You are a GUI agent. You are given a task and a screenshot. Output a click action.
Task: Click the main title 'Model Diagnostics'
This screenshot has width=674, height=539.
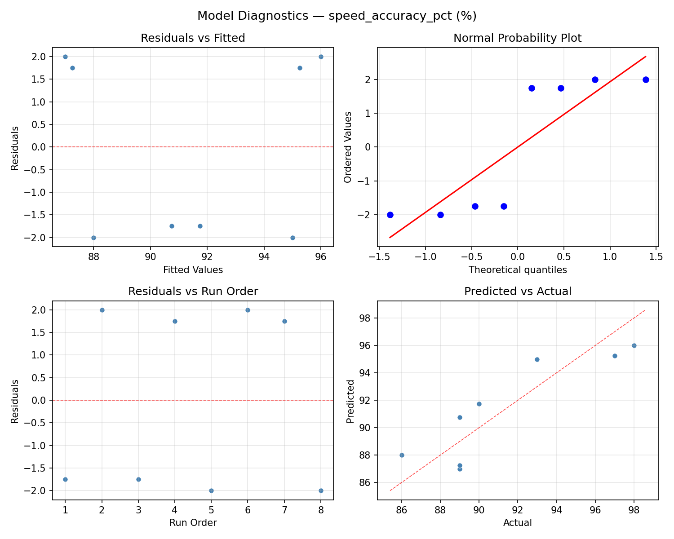click(337, 16)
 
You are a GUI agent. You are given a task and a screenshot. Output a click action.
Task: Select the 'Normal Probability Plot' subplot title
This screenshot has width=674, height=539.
click(517, 38)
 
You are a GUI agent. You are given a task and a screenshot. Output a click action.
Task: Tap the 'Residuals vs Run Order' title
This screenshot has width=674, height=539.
click(193, 292)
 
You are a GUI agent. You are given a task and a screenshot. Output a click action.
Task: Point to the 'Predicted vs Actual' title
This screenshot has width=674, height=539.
click(517, 292)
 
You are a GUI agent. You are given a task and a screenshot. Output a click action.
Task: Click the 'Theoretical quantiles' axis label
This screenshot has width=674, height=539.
click(517, 270)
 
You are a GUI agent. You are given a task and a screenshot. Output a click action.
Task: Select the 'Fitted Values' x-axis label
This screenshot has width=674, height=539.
click(193, 270)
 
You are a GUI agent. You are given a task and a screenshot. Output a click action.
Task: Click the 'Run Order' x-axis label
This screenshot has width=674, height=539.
click(193, 523)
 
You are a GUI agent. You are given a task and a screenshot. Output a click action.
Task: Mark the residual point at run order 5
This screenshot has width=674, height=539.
click(211, 490)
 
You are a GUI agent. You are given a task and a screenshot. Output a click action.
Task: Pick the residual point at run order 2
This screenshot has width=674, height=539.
click(102, 310)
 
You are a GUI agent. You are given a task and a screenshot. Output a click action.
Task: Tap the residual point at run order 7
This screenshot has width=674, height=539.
click(284, 321)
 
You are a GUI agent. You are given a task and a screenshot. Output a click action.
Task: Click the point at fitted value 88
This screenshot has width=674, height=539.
click(93, 238)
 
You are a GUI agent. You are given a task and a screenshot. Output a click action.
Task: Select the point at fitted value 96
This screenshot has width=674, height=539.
click(321, 57)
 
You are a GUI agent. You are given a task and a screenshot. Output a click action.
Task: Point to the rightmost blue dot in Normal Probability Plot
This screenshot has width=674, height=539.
click(646, 80)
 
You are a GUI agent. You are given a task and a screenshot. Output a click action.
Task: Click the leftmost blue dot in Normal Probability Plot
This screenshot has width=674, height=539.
click(390, 215)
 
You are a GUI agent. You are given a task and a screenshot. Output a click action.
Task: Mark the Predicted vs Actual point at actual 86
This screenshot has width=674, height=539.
click(402, 455)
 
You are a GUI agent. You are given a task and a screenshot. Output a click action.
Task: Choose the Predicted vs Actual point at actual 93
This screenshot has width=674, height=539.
click(537, 359)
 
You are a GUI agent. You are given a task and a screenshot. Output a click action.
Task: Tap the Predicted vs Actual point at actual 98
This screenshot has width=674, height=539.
click(634, 345)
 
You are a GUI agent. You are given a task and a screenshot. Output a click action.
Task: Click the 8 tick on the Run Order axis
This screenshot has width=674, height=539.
click(321, 510)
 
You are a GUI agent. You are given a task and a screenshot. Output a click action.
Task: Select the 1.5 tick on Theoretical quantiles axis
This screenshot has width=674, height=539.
click(656, 257)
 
